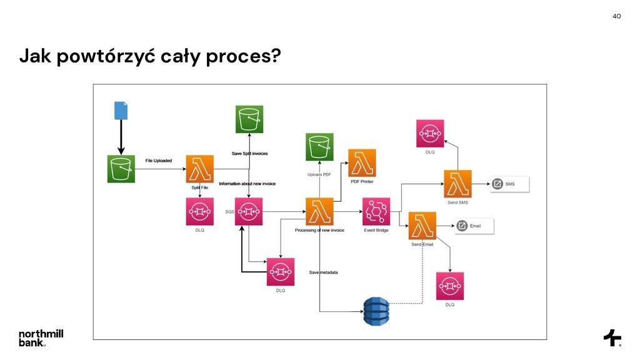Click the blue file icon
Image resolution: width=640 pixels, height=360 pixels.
click(x=121, y=111)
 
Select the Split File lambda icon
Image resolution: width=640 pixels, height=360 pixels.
click(x=199, y=169)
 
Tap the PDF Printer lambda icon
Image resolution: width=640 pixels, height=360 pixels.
click(x=362, y=162)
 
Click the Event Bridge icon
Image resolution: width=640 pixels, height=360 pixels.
click(x=376, y=211)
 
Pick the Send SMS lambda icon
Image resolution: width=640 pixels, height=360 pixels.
click(x=457, y=183)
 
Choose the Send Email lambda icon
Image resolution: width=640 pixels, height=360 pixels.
click(x=422, y=226)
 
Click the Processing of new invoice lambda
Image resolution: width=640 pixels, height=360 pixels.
click(x=319, y=211)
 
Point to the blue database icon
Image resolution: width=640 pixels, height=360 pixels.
click(x=376, y=311)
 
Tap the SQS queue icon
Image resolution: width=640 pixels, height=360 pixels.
click(x=249, y=211)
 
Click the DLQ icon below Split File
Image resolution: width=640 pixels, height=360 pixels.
click(x=199, y=211)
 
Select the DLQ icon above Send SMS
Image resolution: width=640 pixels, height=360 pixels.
click(x=430, y=133)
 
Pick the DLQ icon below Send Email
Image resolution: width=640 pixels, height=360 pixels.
click(x=450, y=286)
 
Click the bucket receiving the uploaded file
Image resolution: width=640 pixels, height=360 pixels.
click(x=121, y=169)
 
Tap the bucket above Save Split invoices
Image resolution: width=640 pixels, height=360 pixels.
click(x=249, y=119)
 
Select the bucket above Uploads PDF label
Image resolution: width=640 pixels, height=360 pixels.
click(x=319, y=147)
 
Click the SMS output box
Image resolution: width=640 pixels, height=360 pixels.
click(x=509, y=184)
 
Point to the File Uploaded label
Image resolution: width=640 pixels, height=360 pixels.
click(x=159, y=161)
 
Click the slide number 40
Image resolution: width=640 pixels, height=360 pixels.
click(x=616, y=16)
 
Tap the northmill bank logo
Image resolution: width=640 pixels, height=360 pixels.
click(x=41, y=337)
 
